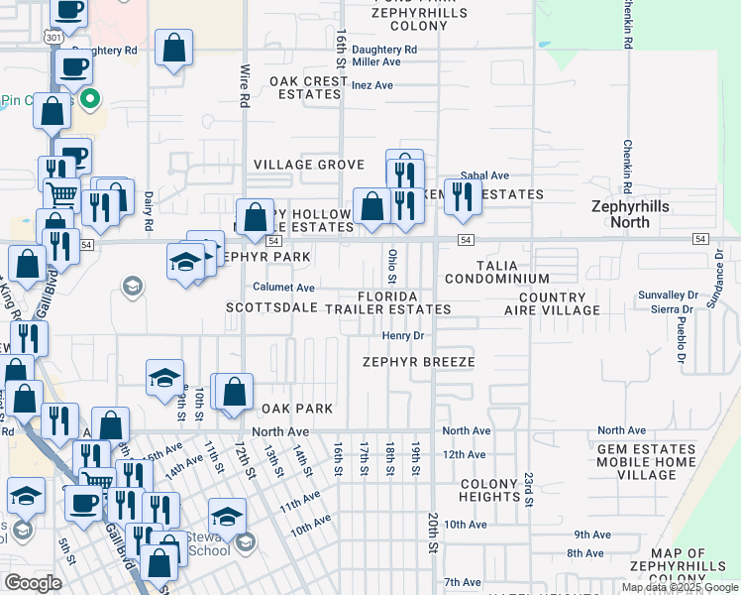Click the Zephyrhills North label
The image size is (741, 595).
(634, 214)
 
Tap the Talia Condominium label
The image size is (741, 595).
(497, 273)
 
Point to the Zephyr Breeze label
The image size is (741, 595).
(418, 362)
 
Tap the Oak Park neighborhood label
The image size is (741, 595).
(297, 409)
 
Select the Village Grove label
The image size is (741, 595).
(309, 165)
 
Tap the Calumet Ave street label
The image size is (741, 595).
(283, 288)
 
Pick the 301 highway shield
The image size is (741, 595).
(53, 37)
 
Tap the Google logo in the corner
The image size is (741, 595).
(33, 583)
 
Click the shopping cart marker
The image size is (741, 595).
(61, 194)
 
